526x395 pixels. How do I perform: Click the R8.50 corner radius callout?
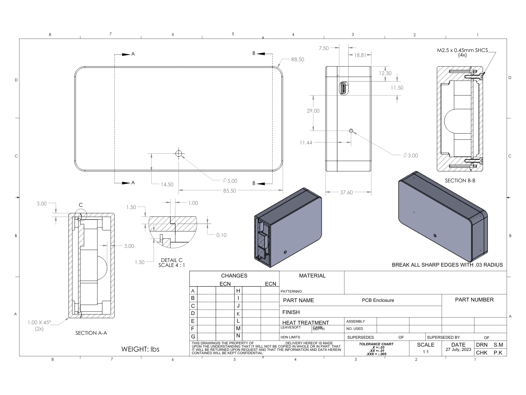[297, 60]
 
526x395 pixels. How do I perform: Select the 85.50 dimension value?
[229, 191]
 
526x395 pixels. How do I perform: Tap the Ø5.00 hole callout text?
[229, 181]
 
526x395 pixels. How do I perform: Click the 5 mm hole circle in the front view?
[179, 153]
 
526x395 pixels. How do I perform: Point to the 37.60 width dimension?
[346, 192]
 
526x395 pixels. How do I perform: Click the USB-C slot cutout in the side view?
[344, 88]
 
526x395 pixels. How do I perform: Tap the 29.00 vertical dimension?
[313, 111]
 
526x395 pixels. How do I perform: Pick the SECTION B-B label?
[460, 180]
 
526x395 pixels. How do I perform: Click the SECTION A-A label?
[91, 333]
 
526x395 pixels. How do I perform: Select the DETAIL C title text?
[172, 260]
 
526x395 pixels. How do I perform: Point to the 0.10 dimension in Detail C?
[221, 235]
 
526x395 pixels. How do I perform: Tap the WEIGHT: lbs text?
[140, 349]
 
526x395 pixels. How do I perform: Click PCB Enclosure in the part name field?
[378, 300]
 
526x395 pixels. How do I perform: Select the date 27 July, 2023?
[458, 350]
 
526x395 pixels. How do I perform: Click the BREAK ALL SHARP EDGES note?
[447, 265]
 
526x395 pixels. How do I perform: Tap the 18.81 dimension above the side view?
[360, 55]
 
